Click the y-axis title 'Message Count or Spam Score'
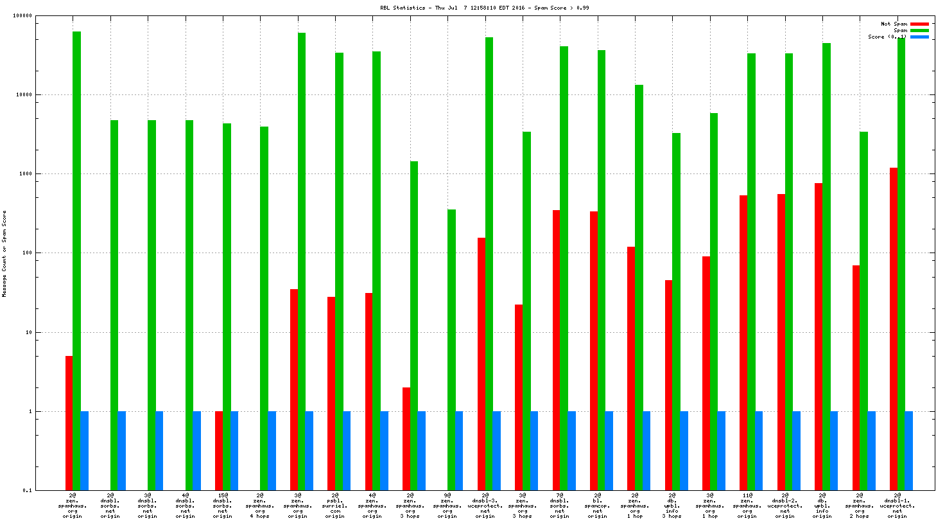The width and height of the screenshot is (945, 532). coord(4,254)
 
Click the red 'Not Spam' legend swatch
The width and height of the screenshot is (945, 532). coord(919,24)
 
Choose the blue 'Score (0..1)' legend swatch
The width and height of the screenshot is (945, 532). coord(919,37)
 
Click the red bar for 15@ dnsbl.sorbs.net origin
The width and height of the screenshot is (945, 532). coord(219,450)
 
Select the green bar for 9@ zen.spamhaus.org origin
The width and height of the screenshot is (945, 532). coord(451,350)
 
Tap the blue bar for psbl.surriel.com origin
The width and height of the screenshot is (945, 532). coord(347,450)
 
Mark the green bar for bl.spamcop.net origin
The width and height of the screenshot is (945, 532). coord(602,270)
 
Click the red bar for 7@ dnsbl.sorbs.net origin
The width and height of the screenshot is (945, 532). coord(556,350)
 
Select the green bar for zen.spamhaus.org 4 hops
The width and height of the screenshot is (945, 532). coord(264,308)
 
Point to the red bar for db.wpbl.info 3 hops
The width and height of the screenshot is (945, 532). coord(668,385)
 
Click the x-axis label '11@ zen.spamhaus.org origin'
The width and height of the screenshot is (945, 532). coord(747,506)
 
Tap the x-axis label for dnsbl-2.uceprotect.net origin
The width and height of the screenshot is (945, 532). coord(785,506)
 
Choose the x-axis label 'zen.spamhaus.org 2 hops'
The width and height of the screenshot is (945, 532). coord(860,506)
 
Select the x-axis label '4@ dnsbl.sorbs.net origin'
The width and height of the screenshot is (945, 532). coord(185,506)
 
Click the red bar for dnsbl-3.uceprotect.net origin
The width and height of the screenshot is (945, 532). coord(481,364)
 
